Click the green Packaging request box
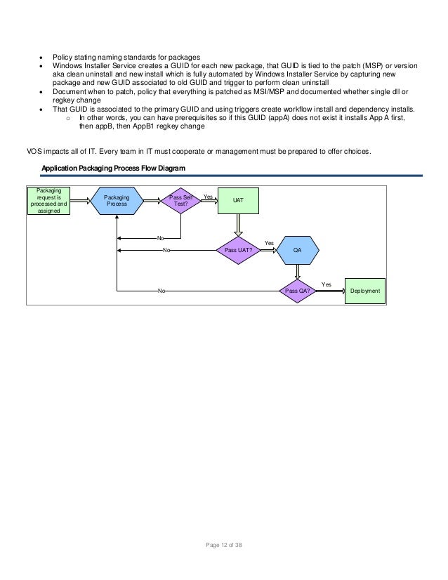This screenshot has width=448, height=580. pos(48,200)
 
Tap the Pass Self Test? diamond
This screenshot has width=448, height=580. pos(180,201)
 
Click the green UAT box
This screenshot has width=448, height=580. pos(239,201)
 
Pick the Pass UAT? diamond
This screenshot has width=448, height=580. pos(239,249)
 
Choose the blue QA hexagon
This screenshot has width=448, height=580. pos(298,249)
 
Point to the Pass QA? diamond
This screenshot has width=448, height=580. pos(298,291)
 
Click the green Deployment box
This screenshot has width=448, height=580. pos(365,291)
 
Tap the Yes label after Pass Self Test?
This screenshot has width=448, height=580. pos(208,197)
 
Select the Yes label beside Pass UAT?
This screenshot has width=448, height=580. pos(268,243)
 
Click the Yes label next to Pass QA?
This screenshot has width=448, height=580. pos(326,284)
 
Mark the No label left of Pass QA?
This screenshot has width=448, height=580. pos(162,291)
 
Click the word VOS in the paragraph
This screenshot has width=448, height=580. pos(34,152)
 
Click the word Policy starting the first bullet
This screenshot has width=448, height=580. pos(63,56)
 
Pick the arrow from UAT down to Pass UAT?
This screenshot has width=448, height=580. pos(239,223)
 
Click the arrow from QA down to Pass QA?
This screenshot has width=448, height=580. pos(298,272)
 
